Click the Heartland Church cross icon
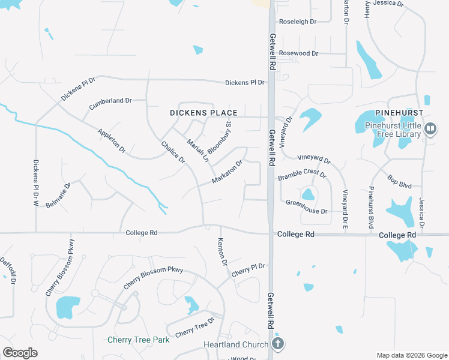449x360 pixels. [x=277, y=344]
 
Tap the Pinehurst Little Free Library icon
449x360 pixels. [x=430, y=128]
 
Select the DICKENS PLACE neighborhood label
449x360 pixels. [x=203, y=113]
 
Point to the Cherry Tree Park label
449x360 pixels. [x=138, y=340]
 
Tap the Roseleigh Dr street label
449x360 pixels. [x=298, y=21]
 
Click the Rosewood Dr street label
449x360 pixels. [x=298, y=53]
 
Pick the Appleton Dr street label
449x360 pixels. [x=112, y=139]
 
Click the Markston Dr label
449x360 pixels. [x=227, y=172]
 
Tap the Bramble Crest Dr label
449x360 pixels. [x=301, y=175]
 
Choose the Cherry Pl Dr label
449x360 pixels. [x=248, y=269]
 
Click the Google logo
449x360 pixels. [x=20, y=353]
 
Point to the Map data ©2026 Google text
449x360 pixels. [x=411, y=355]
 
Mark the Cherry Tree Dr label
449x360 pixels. [x=194, y=328]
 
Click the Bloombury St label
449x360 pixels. [x=219, y=138]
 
